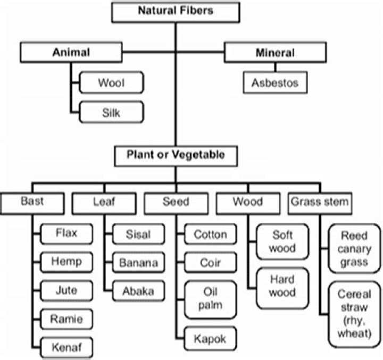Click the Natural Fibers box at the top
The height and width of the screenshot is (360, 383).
point(176,11)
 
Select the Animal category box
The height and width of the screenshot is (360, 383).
point(71,53)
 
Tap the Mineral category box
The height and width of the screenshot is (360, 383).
point(275,53)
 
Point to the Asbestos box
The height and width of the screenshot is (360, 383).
point(275,83)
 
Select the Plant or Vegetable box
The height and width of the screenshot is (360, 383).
point(176,155)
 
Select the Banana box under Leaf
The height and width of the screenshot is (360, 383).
point(138,262)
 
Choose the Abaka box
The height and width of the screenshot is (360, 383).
point(138,291)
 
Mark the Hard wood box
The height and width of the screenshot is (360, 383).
point(282,287)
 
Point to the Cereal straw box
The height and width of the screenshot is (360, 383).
point(354,314)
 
